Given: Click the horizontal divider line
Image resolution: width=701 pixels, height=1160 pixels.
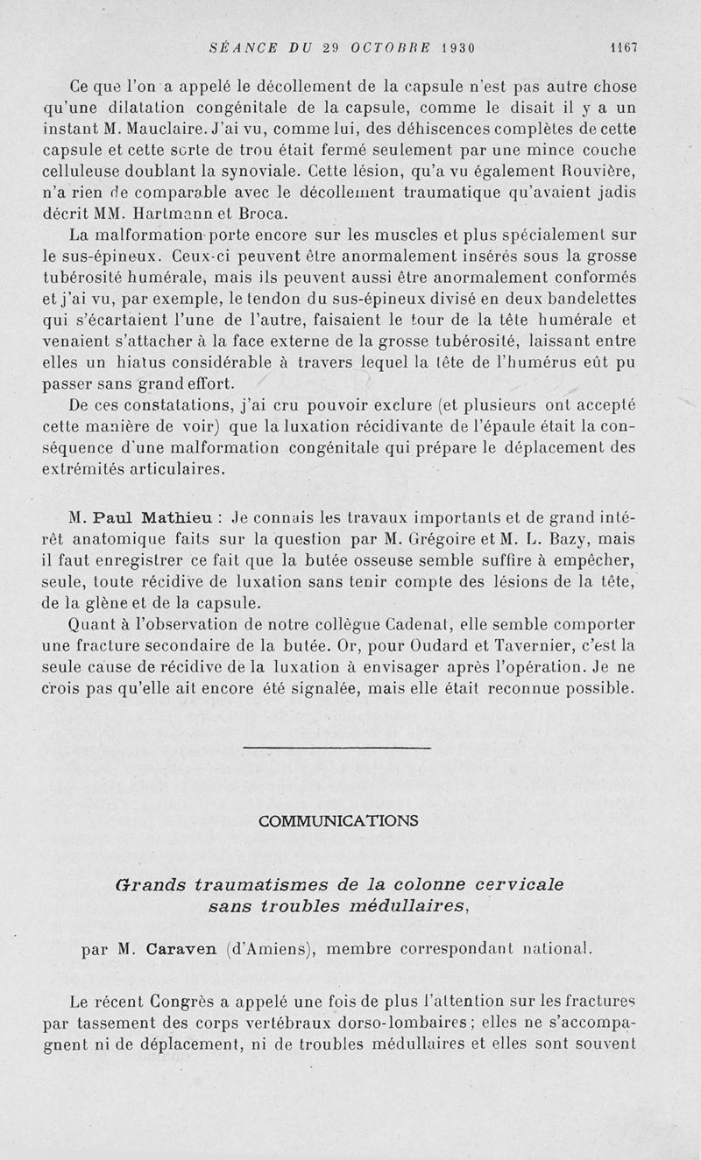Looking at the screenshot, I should (336, 748).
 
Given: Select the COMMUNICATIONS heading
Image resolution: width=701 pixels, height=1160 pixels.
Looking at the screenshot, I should (338, 820).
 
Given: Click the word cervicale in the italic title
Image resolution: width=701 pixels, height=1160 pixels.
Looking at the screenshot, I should (513, 885).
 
